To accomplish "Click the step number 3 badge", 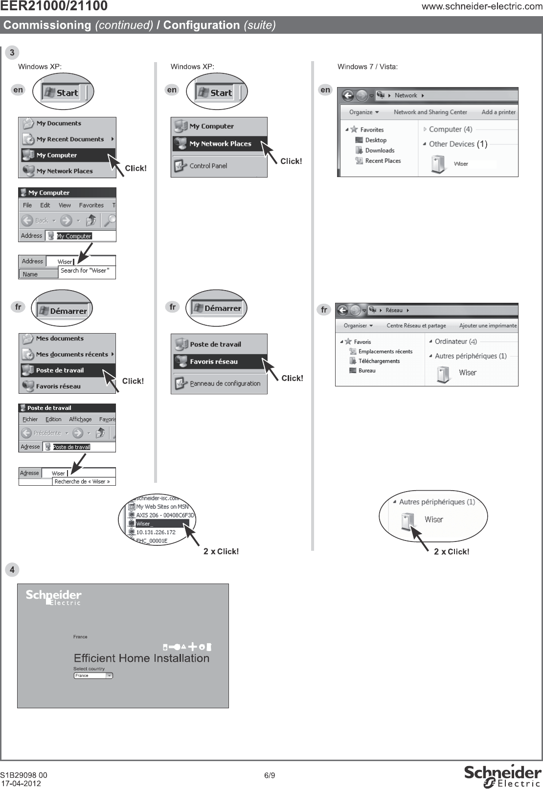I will (12, 53).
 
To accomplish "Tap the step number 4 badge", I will (12, 570).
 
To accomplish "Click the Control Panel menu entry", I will (208, 166).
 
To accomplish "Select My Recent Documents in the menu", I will (70, 139).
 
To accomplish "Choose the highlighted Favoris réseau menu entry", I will (214, 362).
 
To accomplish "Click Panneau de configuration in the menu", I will (225, 383).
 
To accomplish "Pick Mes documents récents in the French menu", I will (72, 355).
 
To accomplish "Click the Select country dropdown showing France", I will (93, 676).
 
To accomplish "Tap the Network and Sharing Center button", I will (430, 112).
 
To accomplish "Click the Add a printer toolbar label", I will (498, 112).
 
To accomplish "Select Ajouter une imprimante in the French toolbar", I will (488, 326).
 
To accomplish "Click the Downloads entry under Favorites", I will (380, 151).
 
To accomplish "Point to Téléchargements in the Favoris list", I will (379, 361).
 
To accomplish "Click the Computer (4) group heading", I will (450, 130).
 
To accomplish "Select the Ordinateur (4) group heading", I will (455, 342).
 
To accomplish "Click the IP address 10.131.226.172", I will (156, 532).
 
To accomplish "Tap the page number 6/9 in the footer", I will (270, 775).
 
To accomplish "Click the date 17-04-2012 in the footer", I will (21, 783).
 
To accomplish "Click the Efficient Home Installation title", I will (141, 658).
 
